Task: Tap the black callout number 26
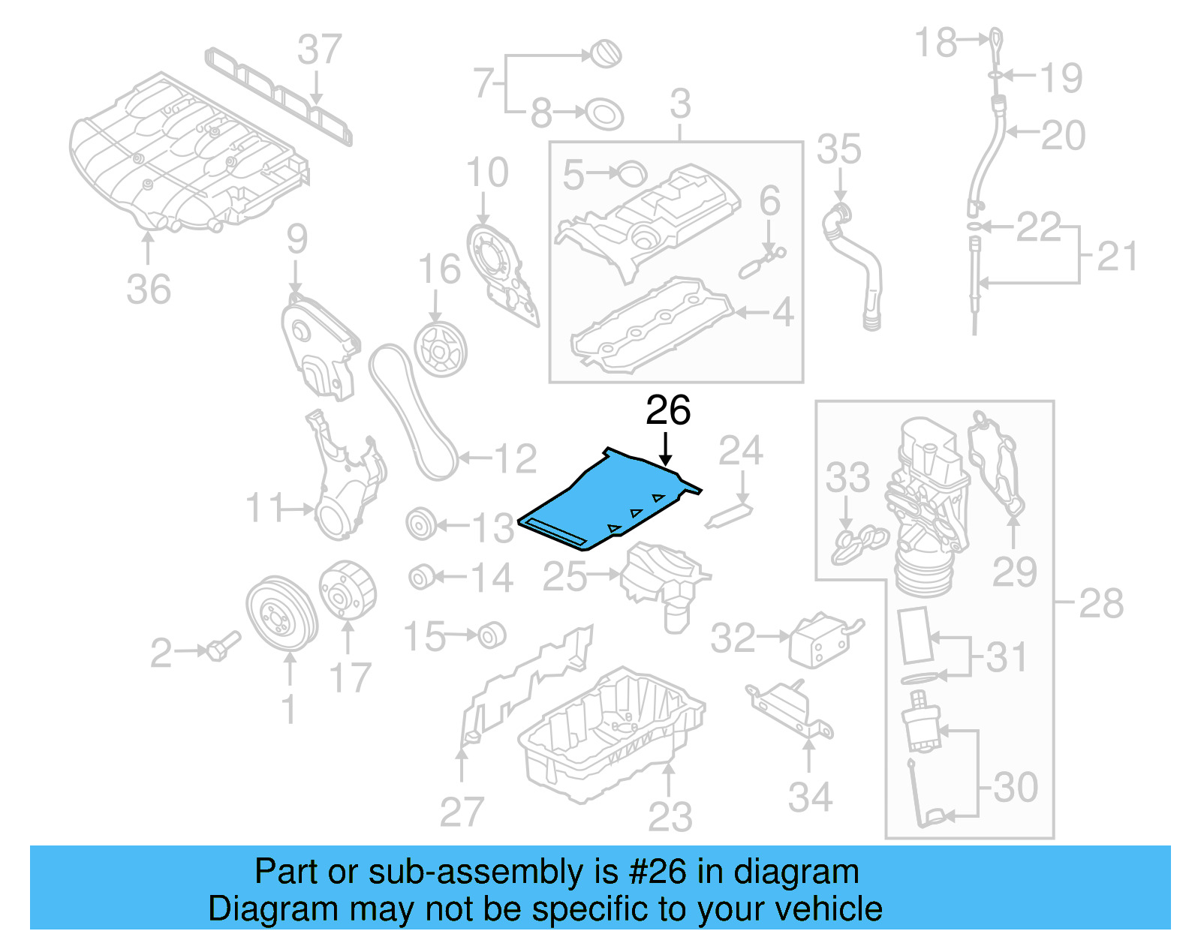pyautogui.click(x=667, y=410)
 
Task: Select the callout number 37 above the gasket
pyautogui.click(x=319, y=50)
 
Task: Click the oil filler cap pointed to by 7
pyautogui.click(x=605, y=54)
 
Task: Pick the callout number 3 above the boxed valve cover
pyautogui.click(x=680, y=104)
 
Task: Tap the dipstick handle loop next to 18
pyautogui.click(x=995, y=40)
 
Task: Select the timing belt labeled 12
pyautogui.click(x=413, y=413)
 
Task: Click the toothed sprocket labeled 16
pyautogui.click(x=441, y=350)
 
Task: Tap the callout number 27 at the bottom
pyautogui.click(x=461, y=812)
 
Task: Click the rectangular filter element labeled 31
pyautogui.click(x=915, y=635)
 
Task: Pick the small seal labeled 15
pyautogui.click(x=492, y=635)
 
